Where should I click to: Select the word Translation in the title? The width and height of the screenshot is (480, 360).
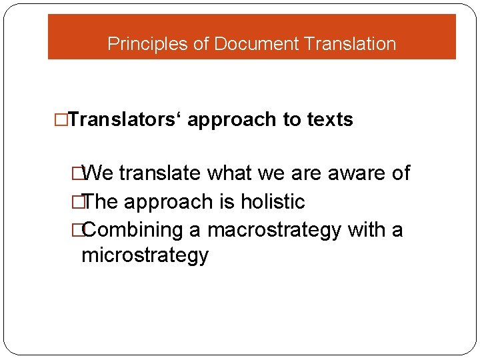[x=349, y=44]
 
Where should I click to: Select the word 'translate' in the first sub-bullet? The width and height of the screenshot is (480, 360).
[x=160, y=173]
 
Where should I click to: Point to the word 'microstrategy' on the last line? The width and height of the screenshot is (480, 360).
[x=145, y=255]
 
